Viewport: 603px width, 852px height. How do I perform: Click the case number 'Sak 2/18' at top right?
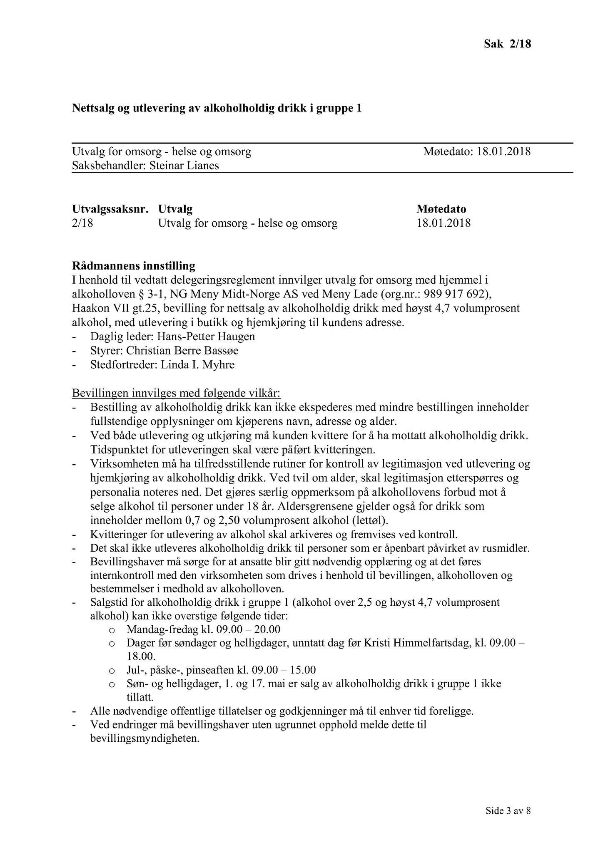[x=507, y=44]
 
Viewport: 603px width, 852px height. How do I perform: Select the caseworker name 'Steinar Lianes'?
[x=184, y=166]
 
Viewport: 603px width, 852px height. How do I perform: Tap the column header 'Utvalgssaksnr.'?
[x=110, y=209]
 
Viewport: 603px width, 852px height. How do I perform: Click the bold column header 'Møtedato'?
[x=441, y=209]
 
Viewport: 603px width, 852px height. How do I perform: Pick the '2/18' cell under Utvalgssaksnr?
[x=82, y=223]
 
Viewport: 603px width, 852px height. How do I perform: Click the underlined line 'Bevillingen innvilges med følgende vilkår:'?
[x=177, y=393]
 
